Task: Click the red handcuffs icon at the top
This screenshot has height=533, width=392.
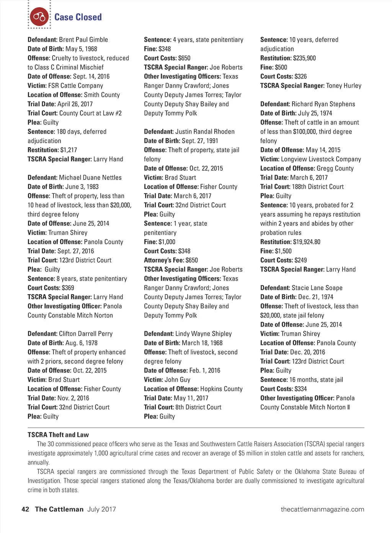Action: [39, 17]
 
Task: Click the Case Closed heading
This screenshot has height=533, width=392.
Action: [78, 17]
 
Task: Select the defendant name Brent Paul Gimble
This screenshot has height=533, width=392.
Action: [83, 39]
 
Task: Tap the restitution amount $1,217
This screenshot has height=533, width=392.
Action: [69, 150]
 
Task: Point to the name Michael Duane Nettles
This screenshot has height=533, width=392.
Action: [90, 177]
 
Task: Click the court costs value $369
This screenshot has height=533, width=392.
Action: [68, 288]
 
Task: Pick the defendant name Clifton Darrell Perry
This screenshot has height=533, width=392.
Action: [86, 334]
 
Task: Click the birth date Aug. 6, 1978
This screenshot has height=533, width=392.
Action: [82, 343]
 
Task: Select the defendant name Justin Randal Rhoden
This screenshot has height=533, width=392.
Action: [205, 131]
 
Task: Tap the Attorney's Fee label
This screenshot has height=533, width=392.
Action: [164, 260]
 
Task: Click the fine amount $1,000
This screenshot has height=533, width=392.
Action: [167, 242]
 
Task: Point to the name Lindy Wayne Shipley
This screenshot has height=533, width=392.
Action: [204, 334]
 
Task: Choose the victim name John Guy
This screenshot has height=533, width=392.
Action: [177, 379]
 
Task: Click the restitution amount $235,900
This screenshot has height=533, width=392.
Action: [304, 58]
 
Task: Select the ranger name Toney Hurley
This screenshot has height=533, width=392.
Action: [344, 85]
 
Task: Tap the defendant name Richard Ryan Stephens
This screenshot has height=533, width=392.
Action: [323, 104]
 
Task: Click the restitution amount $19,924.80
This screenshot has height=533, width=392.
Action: [307, 242]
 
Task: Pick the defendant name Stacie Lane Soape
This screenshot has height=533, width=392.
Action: [317, 288]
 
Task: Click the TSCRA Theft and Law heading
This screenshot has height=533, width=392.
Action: [58, 435]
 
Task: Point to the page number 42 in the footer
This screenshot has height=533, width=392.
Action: [25, 509]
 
